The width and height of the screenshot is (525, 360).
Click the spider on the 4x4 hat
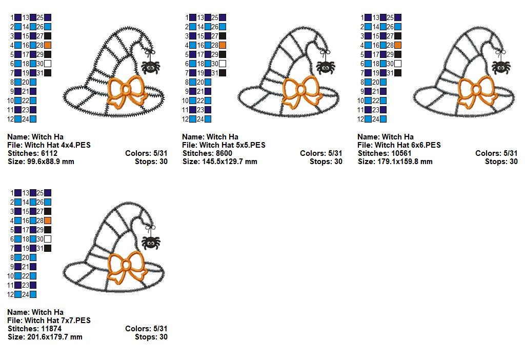point(150,67)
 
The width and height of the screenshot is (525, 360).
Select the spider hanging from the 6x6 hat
point(501,67)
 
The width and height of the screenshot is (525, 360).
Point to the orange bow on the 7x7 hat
point(127,266)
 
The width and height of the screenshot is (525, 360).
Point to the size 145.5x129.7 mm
point(230,162)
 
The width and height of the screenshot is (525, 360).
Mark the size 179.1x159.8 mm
point(405,162)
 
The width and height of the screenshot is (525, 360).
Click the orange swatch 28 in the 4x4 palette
point(48,45)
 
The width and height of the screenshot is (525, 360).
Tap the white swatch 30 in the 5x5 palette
point(223,64)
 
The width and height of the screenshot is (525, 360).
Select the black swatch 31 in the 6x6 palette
point(398,73)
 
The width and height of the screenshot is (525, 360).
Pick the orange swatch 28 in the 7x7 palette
point(48,221)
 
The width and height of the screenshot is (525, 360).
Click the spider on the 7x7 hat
point(151,243)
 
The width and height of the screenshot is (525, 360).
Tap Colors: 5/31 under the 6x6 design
point(496,153)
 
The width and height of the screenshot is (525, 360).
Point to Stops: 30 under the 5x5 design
point(326,162)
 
